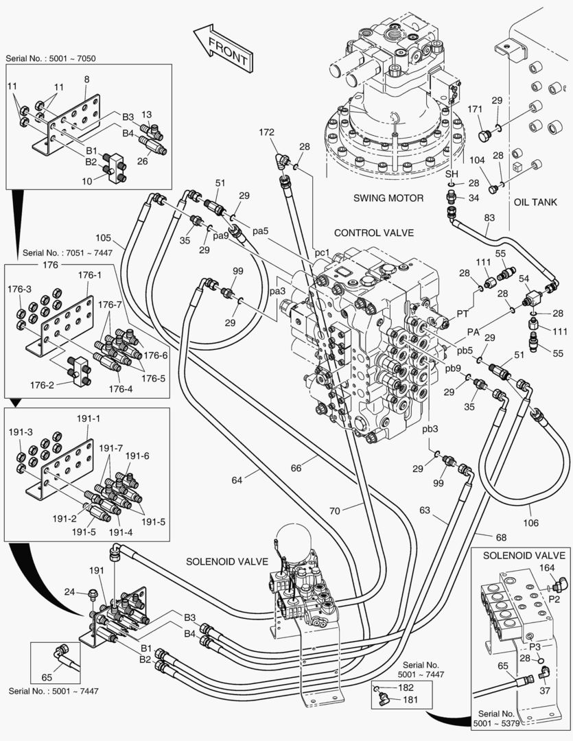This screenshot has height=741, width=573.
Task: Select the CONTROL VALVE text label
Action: pos(374,233)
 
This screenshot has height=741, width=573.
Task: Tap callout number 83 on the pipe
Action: pos(489,217)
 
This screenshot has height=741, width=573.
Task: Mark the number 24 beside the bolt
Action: pos(69,592)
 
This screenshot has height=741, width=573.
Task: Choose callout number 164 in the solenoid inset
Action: pos(546,567)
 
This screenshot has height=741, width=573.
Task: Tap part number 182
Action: pos(406,687)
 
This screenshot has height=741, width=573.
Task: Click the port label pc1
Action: pos(323,252)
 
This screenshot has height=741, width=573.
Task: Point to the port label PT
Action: pos(463,314)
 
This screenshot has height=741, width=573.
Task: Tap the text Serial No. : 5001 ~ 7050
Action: pos(50,59)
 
